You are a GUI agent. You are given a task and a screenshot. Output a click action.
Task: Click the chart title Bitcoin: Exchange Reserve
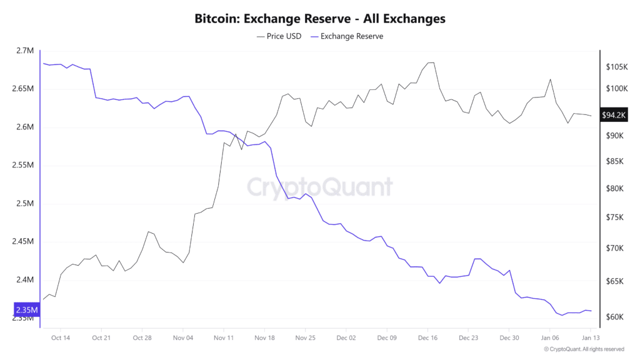(320, 19)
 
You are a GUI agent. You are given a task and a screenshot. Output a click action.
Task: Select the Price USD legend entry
(279, 36)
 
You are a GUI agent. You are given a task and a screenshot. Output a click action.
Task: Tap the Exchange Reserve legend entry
(347, 36)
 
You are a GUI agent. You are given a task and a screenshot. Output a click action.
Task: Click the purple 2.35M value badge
(27, 310)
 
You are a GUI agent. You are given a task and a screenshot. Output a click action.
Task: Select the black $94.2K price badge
(614, 115)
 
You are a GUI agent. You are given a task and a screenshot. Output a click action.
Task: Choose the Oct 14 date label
(61, 337)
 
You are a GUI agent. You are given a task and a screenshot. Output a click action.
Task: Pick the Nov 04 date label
(182, 337)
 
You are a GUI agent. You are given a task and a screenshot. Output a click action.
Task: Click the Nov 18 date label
(264, 337)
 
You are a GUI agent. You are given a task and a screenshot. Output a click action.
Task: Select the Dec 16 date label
(427, 337)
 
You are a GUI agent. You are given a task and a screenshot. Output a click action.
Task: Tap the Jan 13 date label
(591, 337)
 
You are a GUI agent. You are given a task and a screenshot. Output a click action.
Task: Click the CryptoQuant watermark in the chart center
(320, 187)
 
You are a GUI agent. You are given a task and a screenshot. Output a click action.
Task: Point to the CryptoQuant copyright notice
(584, 349)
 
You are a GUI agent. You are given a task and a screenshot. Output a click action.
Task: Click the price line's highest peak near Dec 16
(430, 62)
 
